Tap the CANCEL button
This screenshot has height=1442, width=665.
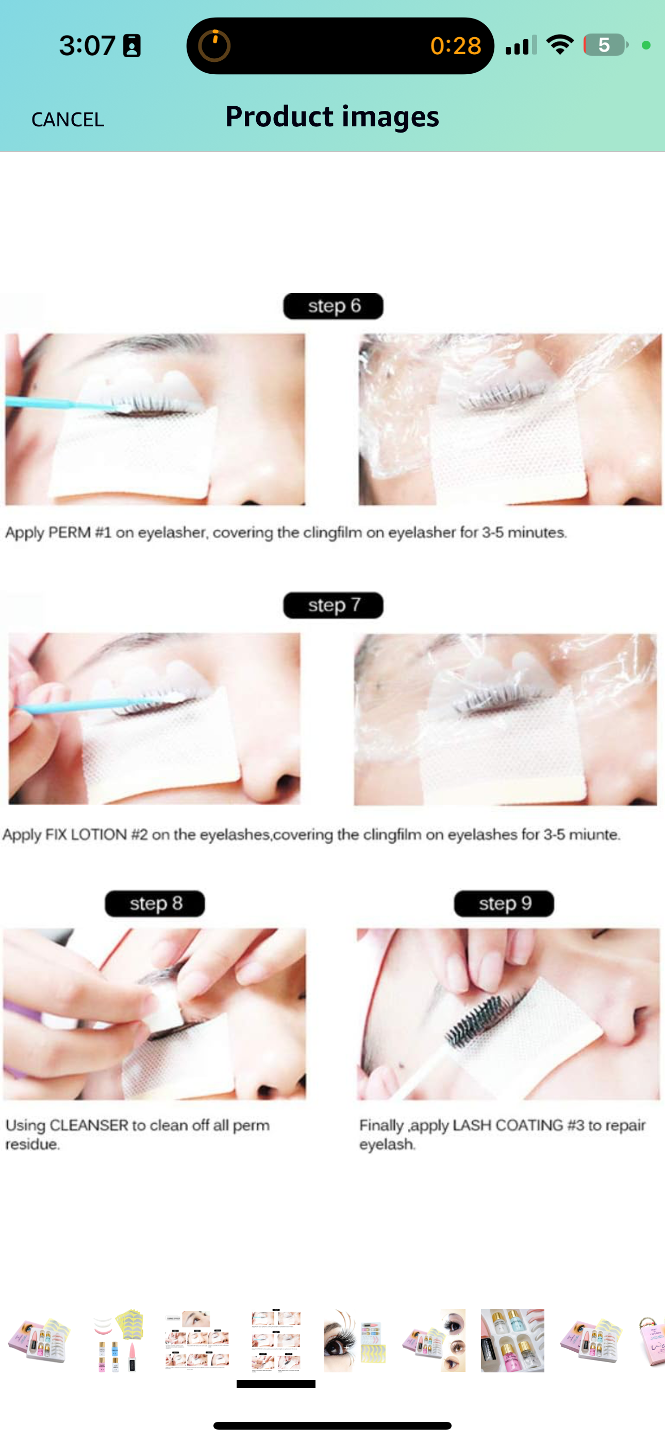tap(68, 119)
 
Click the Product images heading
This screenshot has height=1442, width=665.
tap(332, 117)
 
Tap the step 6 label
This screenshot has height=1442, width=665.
tap(333, 306)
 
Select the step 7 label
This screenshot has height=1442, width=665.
tap(333, 605)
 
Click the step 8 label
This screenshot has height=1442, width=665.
tap(155, 904)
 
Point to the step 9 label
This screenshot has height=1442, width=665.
tap(504, 904)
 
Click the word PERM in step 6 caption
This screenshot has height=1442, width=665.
tap(70, 532)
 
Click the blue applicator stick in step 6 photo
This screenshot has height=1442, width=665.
tap(61, 403)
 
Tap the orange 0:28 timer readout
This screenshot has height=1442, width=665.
tap(456, 46)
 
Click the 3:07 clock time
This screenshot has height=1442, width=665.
tap(87, 45)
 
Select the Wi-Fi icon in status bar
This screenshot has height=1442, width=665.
tap(560, 45)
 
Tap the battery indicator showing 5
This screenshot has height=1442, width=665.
tap(605, 45)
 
